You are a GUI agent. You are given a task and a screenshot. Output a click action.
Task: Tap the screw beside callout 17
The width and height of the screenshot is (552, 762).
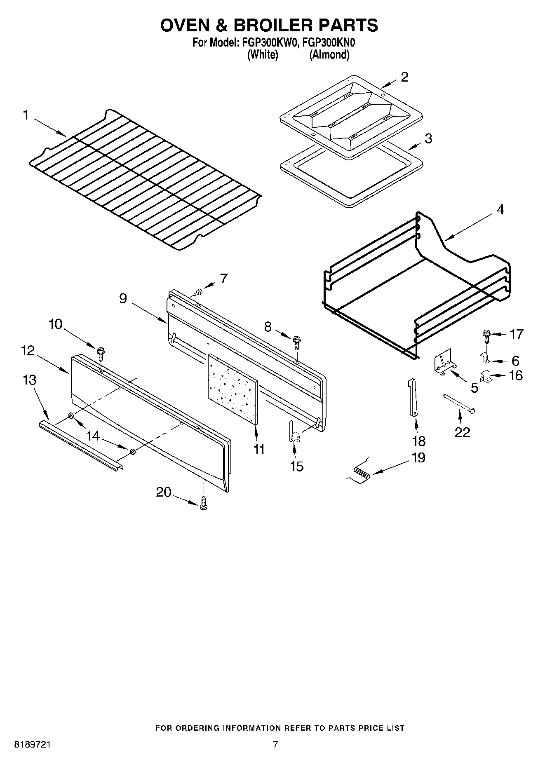(x=486, y=336)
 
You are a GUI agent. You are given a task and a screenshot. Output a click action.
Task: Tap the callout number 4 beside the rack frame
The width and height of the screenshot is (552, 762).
(x=500, y=209)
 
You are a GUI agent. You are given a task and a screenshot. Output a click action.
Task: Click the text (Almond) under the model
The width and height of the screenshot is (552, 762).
(x=329, y=55)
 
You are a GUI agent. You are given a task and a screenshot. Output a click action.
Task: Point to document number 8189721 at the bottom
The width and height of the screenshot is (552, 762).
(x=33, y=744)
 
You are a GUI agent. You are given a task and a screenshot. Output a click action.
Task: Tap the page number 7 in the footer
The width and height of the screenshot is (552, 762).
(x=275, y=744)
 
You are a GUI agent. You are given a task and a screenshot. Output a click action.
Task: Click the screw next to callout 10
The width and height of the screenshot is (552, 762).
(x=101, y=354)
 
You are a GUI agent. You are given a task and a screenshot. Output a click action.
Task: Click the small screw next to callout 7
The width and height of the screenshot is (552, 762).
(x=199, y=292)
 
